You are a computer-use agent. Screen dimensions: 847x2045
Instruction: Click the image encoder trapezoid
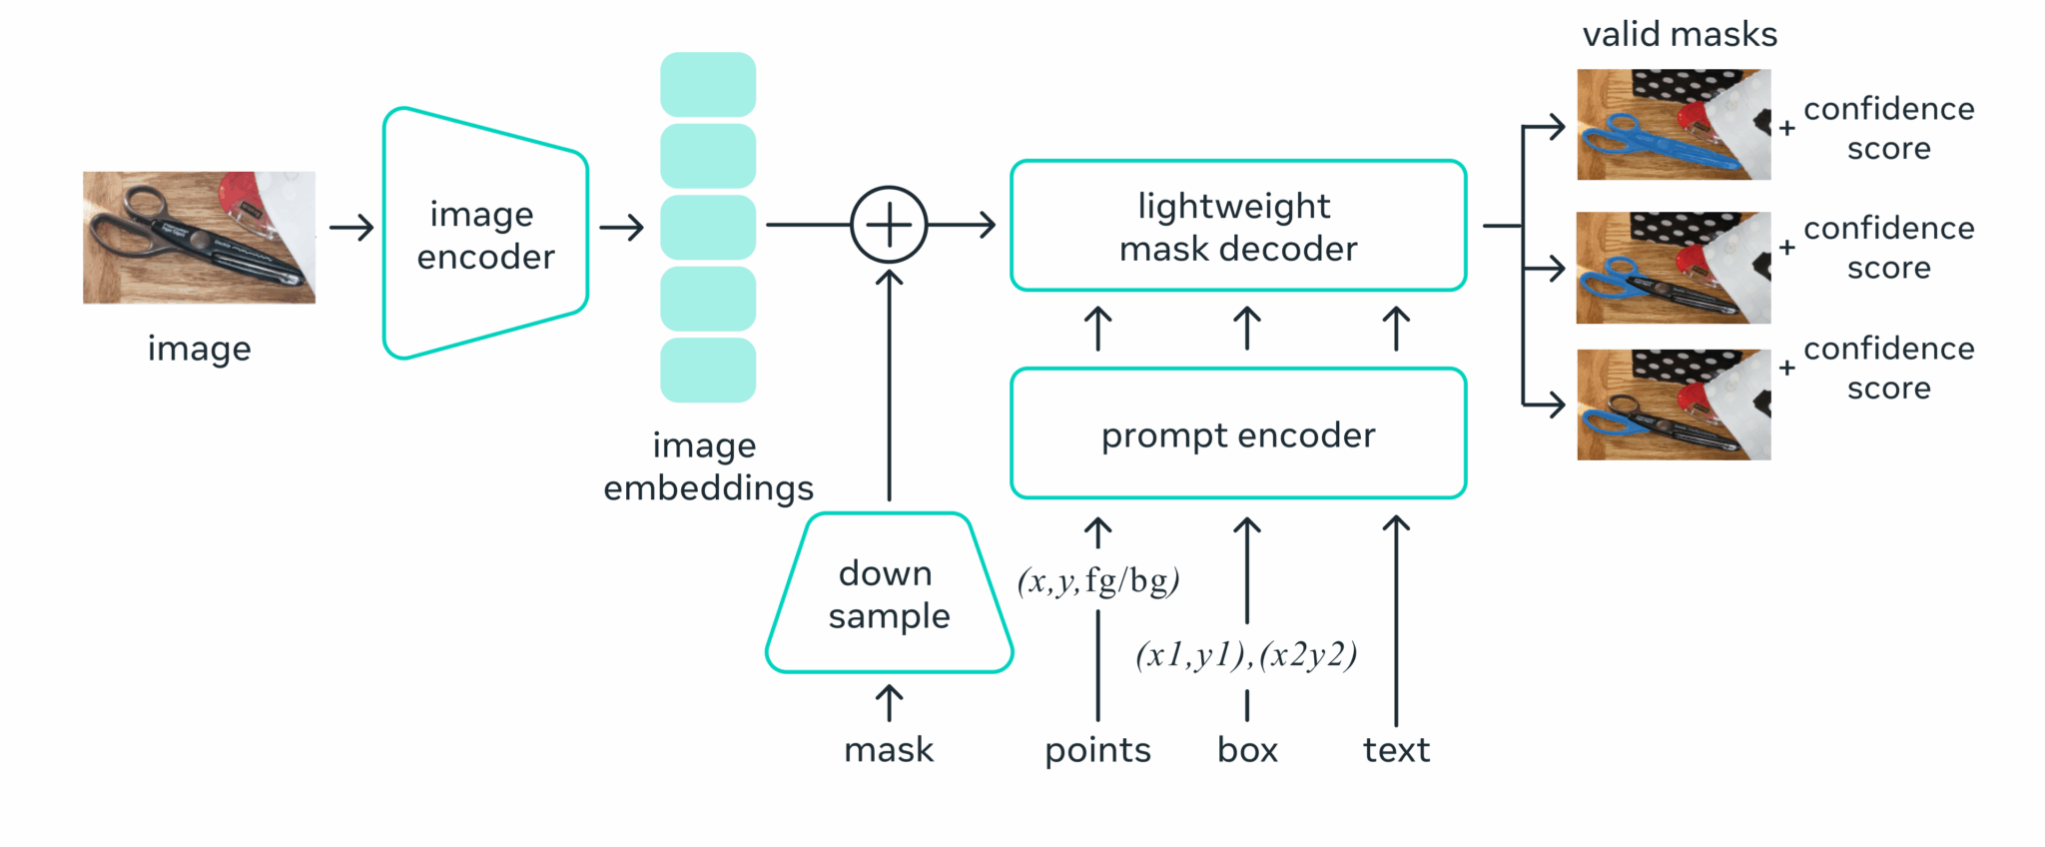(485, 235)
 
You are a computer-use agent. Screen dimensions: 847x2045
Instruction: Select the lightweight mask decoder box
(1237, 226)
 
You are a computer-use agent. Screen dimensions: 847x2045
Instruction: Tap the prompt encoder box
(1237, 433)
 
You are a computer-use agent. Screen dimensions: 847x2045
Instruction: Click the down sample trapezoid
(889, 594)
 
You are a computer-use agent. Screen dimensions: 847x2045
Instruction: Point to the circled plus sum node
(889, 225)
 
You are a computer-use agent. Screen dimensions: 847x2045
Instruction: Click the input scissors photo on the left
(199, 237)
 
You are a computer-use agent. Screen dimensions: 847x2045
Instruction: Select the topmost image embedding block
(708, 84)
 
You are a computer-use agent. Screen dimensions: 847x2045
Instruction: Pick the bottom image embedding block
(708, 370)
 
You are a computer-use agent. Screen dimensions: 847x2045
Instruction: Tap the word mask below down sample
(889, 749)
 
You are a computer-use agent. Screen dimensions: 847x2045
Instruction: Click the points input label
(1097, 749)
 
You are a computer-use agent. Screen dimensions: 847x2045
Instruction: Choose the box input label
(1247, 749)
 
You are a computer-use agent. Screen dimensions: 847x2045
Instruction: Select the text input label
(1396, 749)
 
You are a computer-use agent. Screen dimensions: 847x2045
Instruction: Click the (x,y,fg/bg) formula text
(1098, 580)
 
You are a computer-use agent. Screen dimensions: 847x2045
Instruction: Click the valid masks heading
(1680, 35)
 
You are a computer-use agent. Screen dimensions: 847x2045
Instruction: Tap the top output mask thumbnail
(1674, 124)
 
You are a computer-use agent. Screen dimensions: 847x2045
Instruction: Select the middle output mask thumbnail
(1674, 268)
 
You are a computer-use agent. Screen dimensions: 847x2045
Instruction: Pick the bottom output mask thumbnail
(1674, 405)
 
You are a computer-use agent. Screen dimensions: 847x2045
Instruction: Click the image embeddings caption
(708, 466)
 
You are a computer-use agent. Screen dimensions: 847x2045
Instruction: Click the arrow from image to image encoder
(351, 228)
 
